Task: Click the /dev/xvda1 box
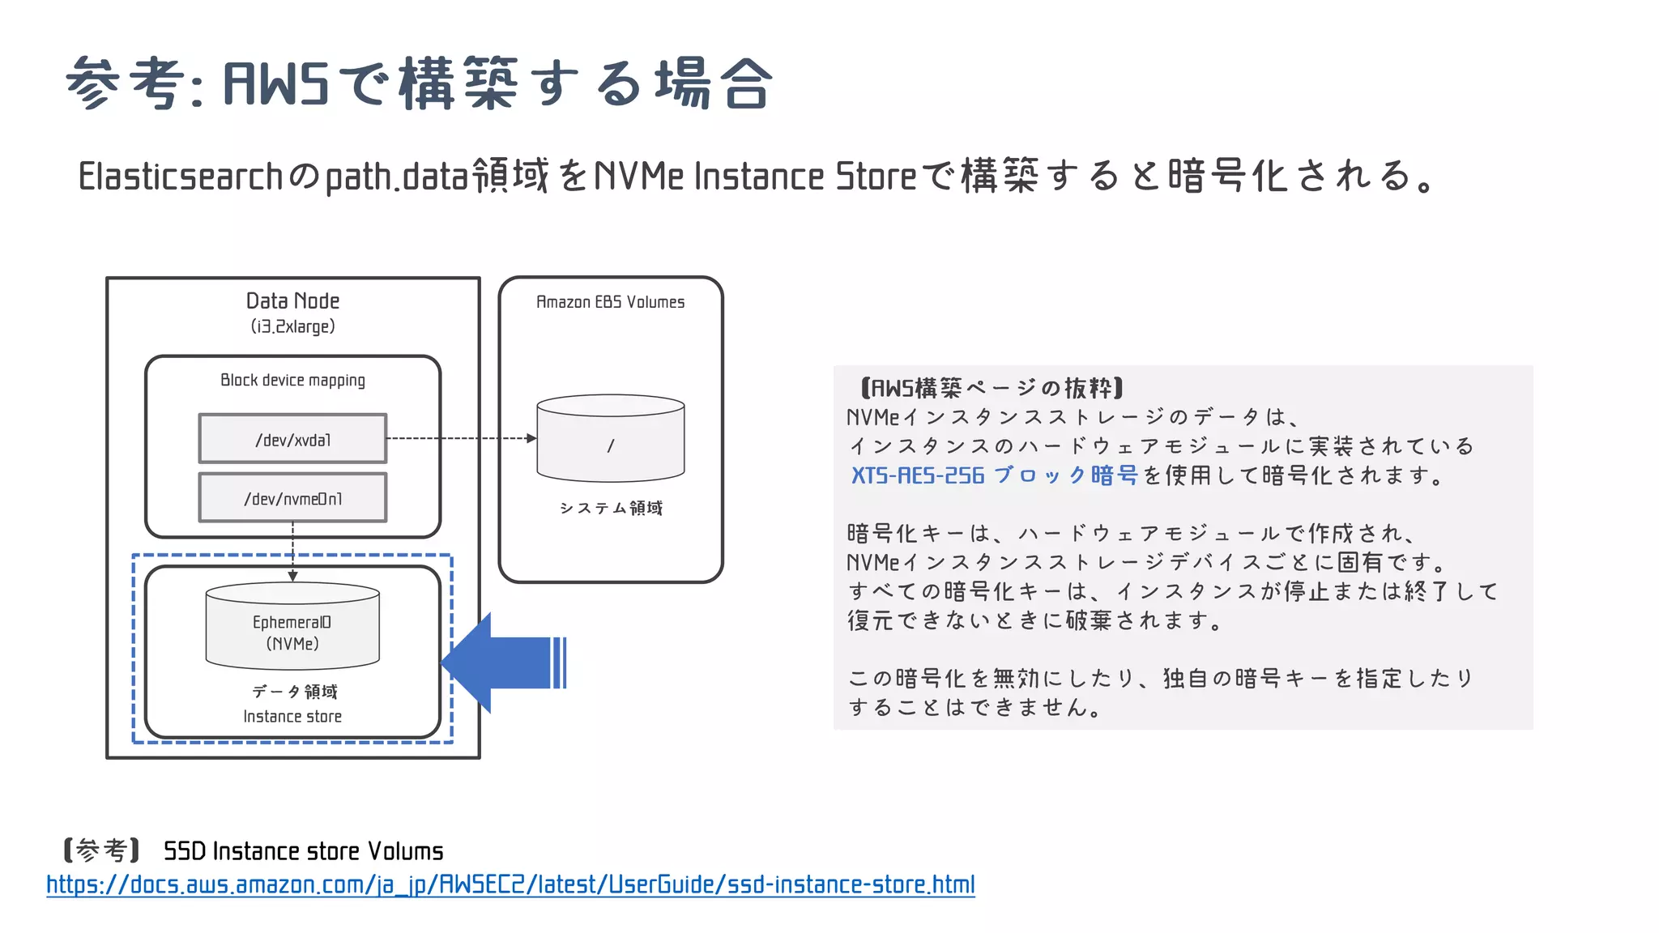point(292,439)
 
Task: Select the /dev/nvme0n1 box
point(292,498)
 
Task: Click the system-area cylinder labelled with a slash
point(610,438)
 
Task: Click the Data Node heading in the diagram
point(292,301)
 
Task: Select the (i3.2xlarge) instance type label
point(292,326)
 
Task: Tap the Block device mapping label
point(292,380)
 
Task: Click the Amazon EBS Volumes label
point(610,302)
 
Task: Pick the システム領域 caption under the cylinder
point(610,508)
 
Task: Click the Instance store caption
point(292,716)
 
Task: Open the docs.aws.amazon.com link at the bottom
point(510,884)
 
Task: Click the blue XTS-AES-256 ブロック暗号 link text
point(994,475)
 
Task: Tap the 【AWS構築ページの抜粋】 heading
point(992,388)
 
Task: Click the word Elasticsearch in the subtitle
point(180,177)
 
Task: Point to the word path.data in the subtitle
point(397,177)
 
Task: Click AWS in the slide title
point(275,83)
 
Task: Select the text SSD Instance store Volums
point(303,851)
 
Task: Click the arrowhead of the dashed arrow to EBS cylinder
point(531,438)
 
